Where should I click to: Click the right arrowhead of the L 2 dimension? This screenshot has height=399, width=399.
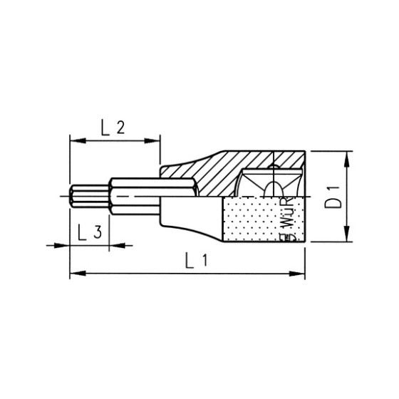[x=155, y=140]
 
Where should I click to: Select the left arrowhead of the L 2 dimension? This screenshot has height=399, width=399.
[x=75, y=140]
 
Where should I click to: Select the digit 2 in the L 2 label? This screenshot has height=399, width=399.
[x=121, y=128]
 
